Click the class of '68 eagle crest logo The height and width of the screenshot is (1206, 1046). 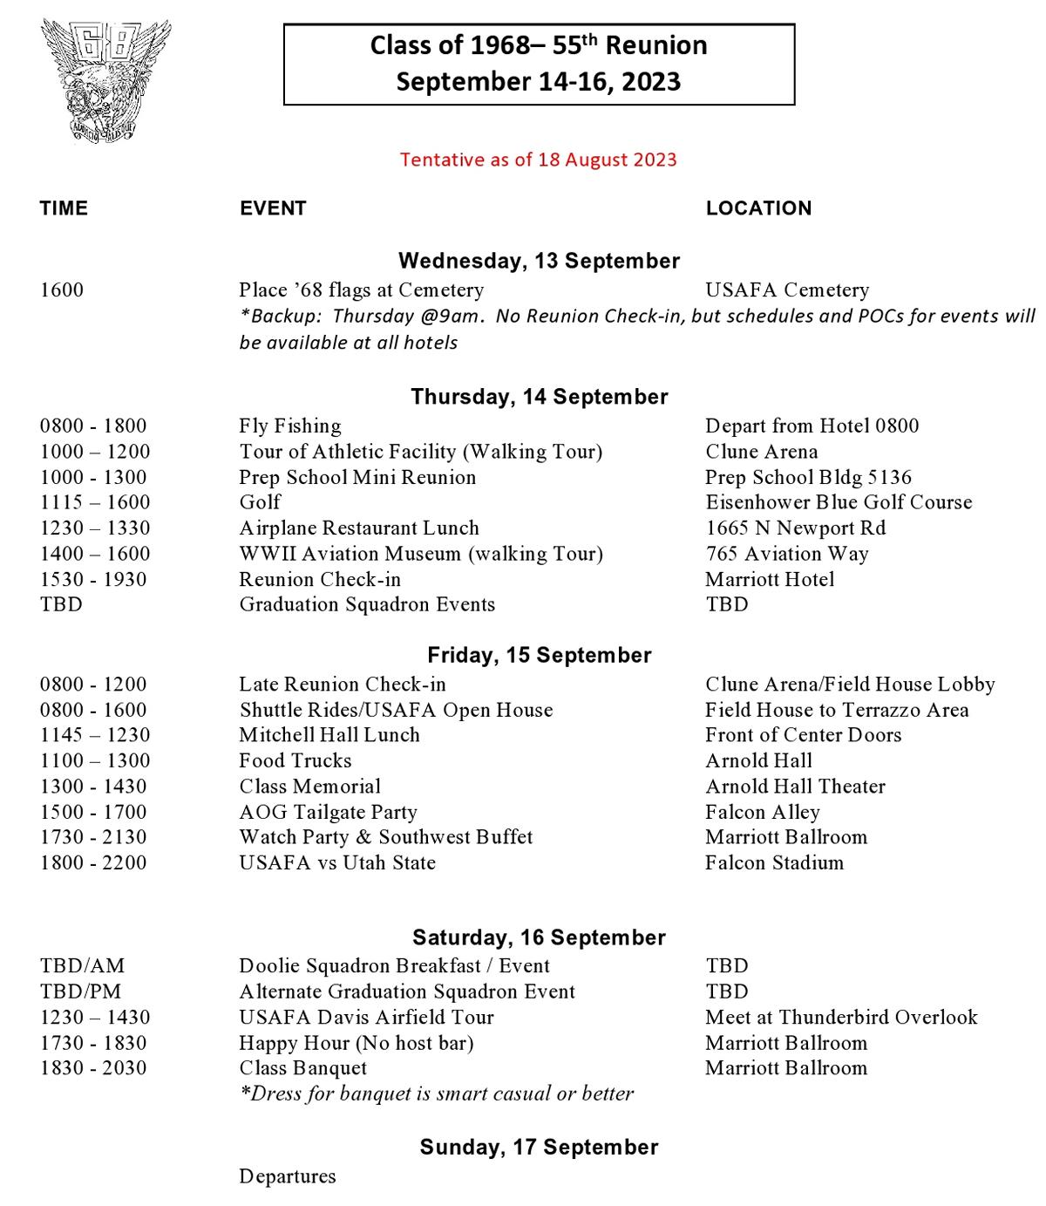pyautogui.click(x=105, y=80)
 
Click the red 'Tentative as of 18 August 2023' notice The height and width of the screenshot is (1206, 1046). pyautogui.click(x=538, y=160)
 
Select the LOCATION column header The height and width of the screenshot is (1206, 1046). pyautogui.click(x=758, y=208)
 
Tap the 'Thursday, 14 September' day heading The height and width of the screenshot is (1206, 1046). pyautogui.click(x=539, y=397)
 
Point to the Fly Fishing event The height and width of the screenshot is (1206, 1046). pyautogui.click(x=290, y=426)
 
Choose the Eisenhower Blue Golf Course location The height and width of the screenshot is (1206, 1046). pyautogui.click(x=839, y=502)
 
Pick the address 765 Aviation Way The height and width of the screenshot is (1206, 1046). pyautogui.click(x=787, y=554)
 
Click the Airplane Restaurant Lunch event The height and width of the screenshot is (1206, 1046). pyautogui.click(x=359, y=528)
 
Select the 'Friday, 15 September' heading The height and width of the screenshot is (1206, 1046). pyautogui.click(x=539, y=656)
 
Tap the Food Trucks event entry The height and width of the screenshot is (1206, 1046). pyautogui.click(x=295, y=760)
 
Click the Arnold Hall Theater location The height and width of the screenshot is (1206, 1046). pyautogui.click(x=795, y=787)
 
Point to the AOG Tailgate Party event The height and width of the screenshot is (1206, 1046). pyautogui.click(x=329, y=812)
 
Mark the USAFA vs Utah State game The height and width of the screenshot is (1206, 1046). pyautogui.click(x=337, y=863)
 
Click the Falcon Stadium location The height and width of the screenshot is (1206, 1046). pyautogui.click(x=775, y=863)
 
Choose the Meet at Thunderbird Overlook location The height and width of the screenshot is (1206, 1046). pyautogui.click(x=841, y=1018)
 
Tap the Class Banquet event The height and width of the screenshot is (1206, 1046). pyautogui.click(x=303, y=1068)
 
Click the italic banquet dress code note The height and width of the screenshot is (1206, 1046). pyautogui.click(x=437, y=1094)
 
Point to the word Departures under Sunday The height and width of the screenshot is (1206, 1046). pyautogui.click(x=288, y=1176)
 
